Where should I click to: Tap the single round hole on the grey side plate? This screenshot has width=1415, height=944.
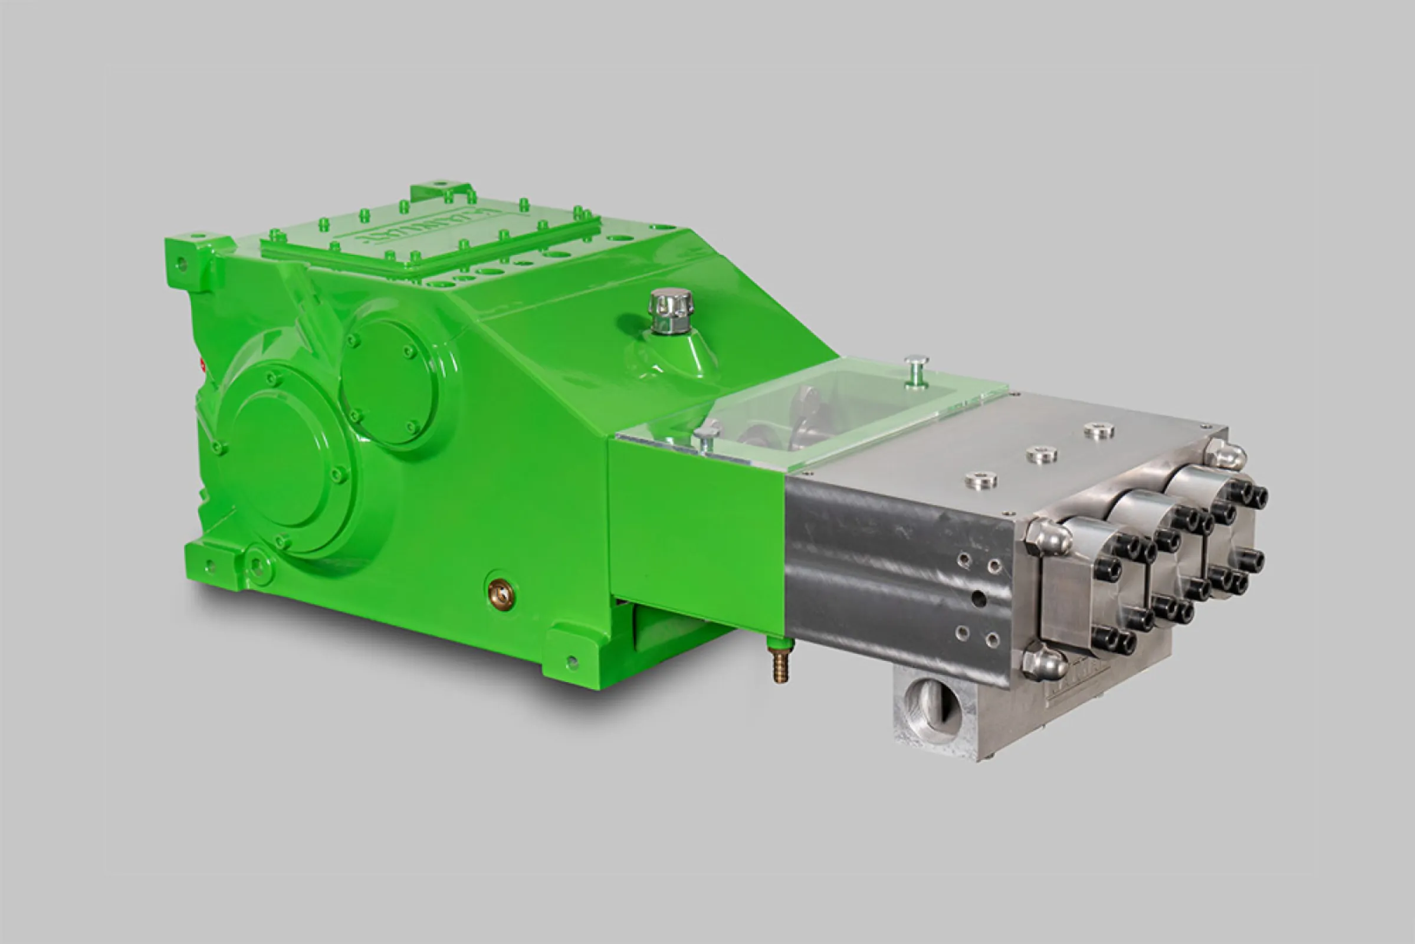(x=979, y=598)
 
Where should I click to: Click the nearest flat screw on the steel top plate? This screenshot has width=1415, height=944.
(x=980, y=480)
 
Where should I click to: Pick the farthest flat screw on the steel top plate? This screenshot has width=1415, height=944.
(x=1099, y=431)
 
